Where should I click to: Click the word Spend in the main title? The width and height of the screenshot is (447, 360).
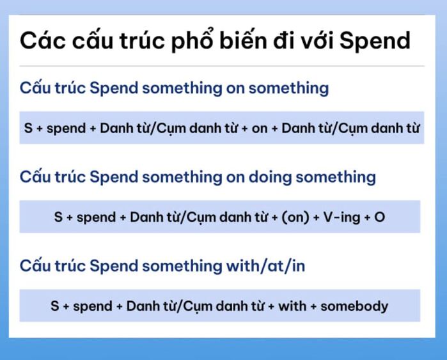click(x=375, y=40)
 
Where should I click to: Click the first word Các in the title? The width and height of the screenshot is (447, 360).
click(x=42, y=40)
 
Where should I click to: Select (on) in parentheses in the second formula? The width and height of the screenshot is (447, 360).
click(x=295, y=217)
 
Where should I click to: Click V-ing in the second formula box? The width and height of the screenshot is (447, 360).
click(x=341, y=217)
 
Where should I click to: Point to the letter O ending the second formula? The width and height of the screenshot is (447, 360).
click(x=380, y=217)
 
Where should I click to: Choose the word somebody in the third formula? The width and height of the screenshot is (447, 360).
click(x=354, y=306)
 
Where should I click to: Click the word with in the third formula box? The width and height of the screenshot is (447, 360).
click(x=292, y=306)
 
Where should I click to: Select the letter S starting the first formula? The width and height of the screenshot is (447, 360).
click(x=28, y=127)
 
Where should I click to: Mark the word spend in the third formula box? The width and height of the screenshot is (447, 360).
click(x=92, y=306)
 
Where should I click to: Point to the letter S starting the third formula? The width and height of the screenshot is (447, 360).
click(x=55, y=306)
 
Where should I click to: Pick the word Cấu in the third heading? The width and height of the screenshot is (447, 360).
click(x=35, y=265)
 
